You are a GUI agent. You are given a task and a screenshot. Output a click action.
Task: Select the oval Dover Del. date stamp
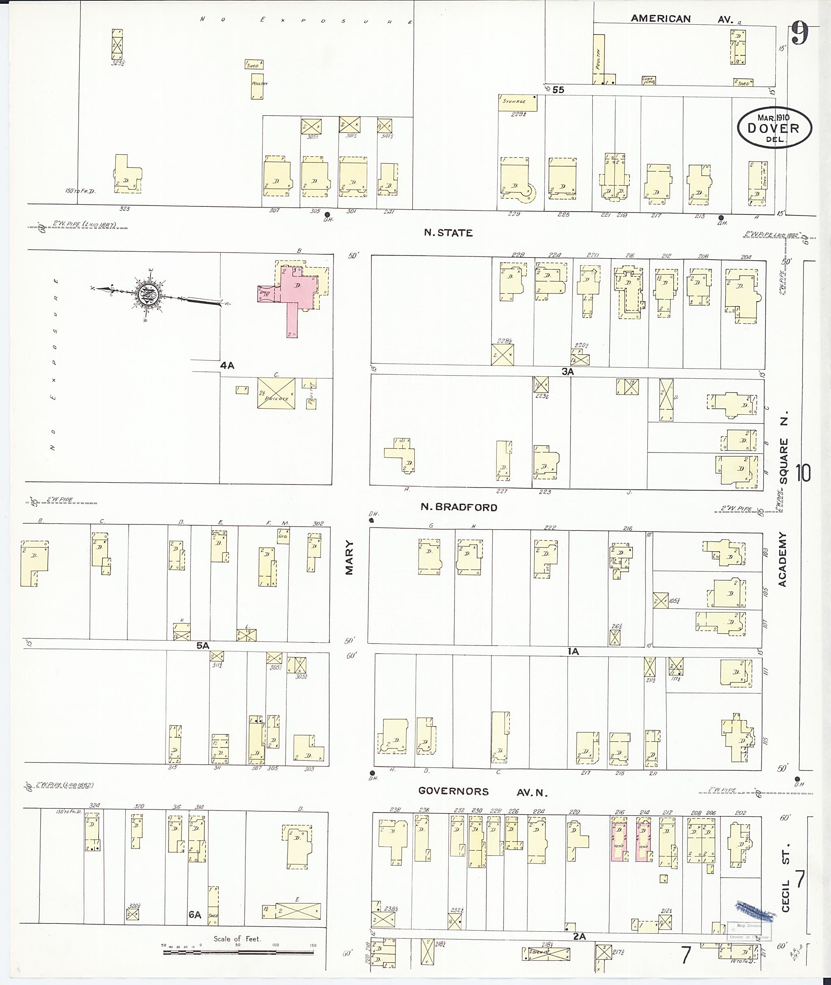click(x=775, y=128)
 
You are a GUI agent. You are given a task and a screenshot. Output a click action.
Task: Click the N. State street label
click(x=448, y=233)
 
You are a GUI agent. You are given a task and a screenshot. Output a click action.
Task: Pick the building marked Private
click(x=276, y=393)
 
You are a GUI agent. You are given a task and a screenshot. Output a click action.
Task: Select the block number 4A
click(x=227, y=365)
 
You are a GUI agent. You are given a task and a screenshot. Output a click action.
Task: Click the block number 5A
click(x=202, y=646)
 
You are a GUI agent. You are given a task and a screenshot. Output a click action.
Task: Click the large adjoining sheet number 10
click(x=804, y=473)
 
